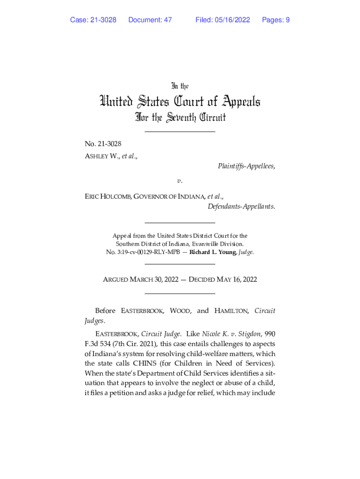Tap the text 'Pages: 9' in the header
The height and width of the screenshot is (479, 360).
[x=276, y=20]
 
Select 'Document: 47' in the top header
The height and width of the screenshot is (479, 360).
[x=150, y=20]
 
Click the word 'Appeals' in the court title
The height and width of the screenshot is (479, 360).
[x=234, y=102]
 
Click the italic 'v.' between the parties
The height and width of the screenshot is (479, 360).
[x=180, y=180]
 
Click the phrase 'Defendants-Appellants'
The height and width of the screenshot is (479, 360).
[x=241, y=206]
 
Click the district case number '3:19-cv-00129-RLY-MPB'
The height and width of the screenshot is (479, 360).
[x=150, y=252]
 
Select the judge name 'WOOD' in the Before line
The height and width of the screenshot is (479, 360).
[x=180, y=311]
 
